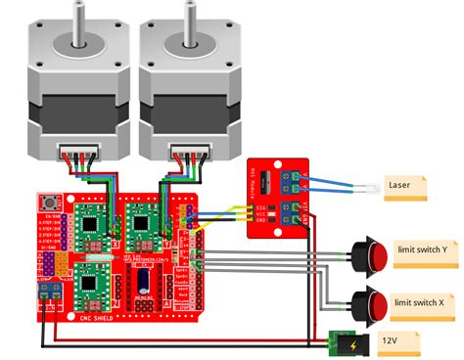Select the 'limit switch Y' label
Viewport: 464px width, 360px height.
coord(422,249)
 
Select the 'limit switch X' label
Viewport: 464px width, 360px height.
coord(422,303)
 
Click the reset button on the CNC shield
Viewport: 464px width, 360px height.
coord(46,202)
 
